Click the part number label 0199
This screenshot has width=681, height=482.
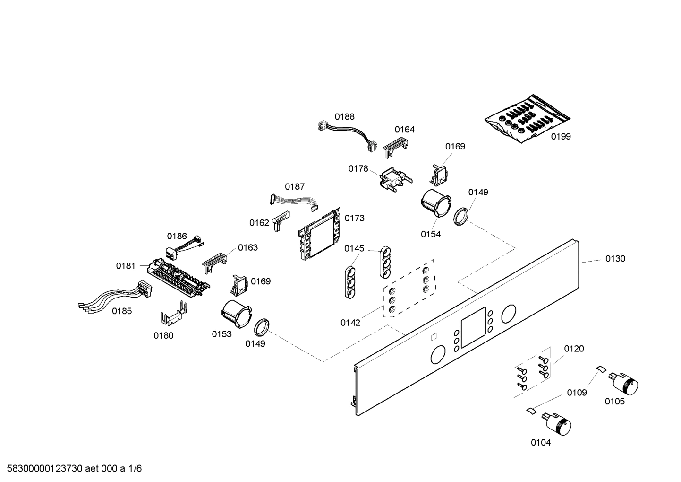pyautogui.click(x=561, y=137)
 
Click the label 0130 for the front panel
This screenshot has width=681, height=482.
pyautogui.click(x=615, y=259)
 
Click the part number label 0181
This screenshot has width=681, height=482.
pyautogui.click(x=126, y=266)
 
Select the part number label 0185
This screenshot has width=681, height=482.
pyautogui.click(x=122, y=311)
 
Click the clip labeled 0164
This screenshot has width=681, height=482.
pyautogui.click(x=396, y=144)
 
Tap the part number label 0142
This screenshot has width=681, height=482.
pyautogui.click(x=350, y=323)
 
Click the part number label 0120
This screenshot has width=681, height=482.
pyautogui.click(x=574, y=349)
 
